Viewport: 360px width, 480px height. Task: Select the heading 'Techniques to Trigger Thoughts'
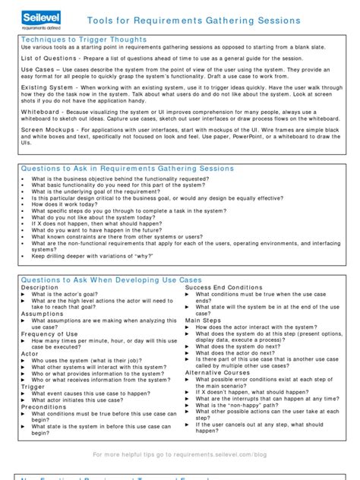click(84, 39)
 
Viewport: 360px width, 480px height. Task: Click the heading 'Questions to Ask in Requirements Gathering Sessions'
click(127, 169)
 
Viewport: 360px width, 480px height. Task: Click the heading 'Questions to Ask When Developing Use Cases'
click(111, 279)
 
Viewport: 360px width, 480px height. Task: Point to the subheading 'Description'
click(39, 288)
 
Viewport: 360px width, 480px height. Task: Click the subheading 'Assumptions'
click(43, 314)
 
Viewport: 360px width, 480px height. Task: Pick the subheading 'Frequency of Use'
click(50, 334)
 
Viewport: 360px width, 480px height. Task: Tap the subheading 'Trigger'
click(33, 386)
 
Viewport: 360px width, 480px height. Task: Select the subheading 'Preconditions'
click(45, 406)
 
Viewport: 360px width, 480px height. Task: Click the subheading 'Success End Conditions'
click(224, 288)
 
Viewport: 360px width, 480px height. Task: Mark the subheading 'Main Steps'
click(203, 321)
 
